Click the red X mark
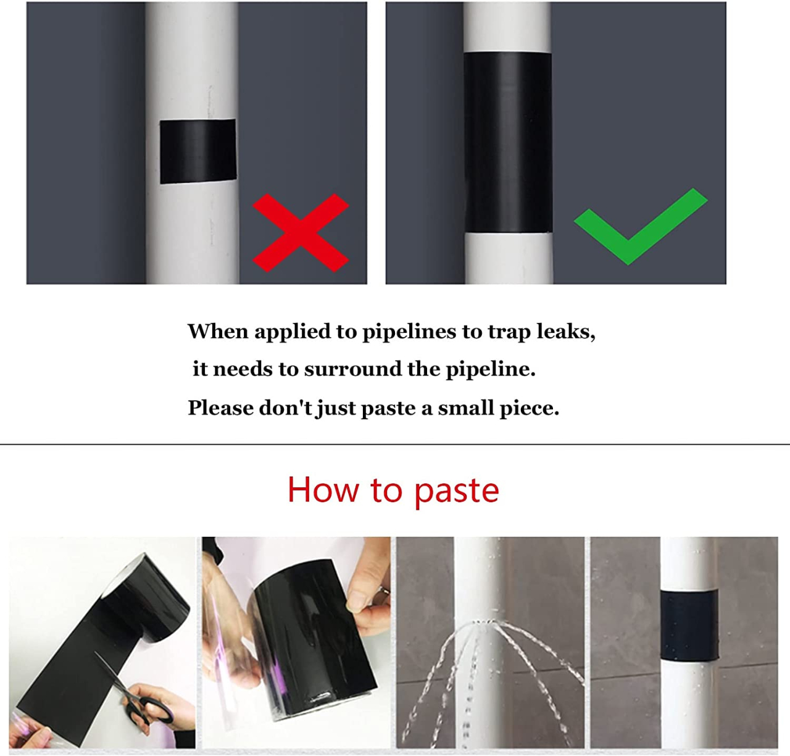[x=301, y=233]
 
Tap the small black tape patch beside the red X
[x=197, y=151]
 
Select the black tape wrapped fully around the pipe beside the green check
[x=507, y=142]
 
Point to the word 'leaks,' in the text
[x=565, y=332]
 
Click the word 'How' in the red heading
[x=323, y=490]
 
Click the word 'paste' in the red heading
[x=456, y=492]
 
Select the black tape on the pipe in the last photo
[x=689, y=624]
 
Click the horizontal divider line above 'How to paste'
[x=395, y=444]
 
